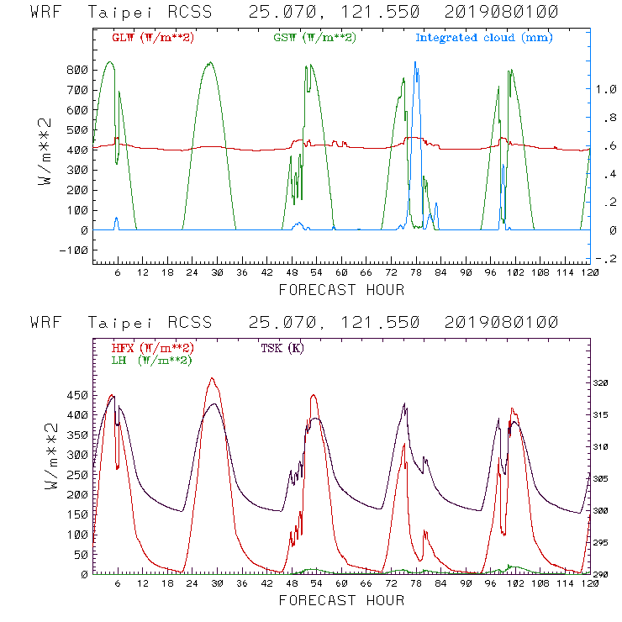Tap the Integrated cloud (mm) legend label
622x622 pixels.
click(x=484, y=38)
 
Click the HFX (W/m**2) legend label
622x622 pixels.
click(x=152, y=348)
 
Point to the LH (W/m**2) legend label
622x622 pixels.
click(x=151, y=360)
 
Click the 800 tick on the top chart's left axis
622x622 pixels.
click(x=78, y=69)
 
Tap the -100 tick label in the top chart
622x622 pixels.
click(x=73, y=250)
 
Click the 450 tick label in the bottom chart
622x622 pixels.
click(x=78, y=395)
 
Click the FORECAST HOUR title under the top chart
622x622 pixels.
click(x=341, y=290)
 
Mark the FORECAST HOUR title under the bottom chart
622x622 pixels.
click(x=341, y=600)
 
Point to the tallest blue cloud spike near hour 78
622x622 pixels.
click(x=415, y=64)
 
